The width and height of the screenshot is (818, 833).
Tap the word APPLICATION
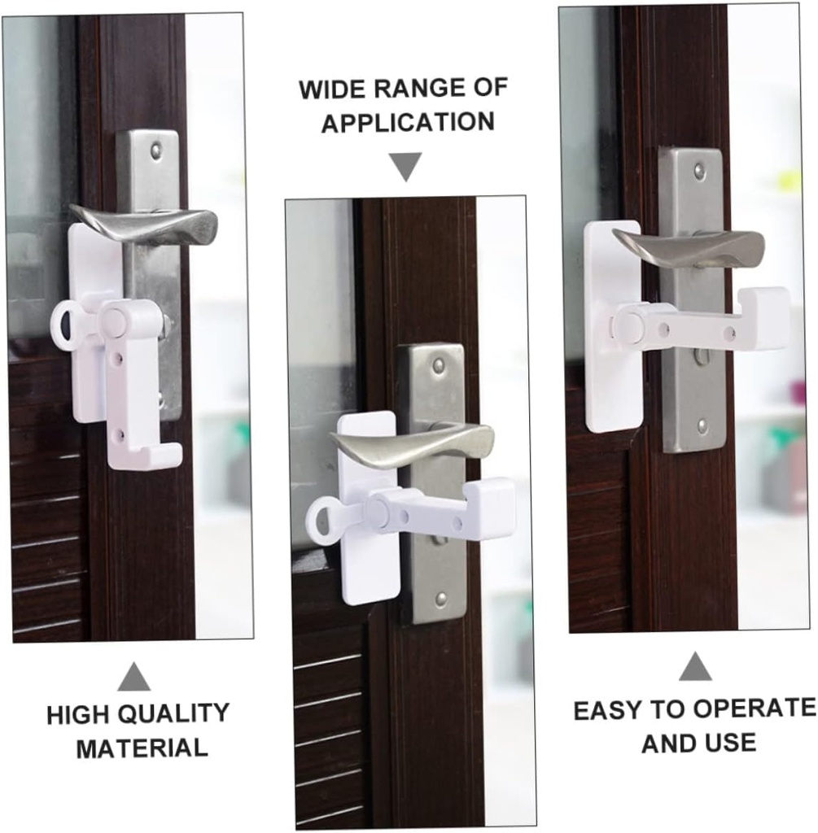coord(407,123)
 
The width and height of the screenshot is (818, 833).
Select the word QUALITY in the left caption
coord(174,714)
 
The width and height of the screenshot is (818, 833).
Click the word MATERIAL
coord(142,748)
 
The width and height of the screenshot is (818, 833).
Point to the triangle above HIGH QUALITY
coord(133,677)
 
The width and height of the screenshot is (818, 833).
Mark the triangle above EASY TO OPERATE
coord(694,666)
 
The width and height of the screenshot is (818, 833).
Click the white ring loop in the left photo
coord(65,325)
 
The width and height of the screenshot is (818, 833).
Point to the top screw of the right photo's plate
coord(698,170)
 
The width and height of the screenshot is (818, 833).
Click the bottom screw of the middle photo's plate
coord(440,599)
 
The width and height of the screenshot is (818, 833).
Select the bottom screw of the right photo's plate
coord(702,425)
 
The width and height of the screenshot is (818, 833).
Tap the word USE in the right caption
coord(731,742)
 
